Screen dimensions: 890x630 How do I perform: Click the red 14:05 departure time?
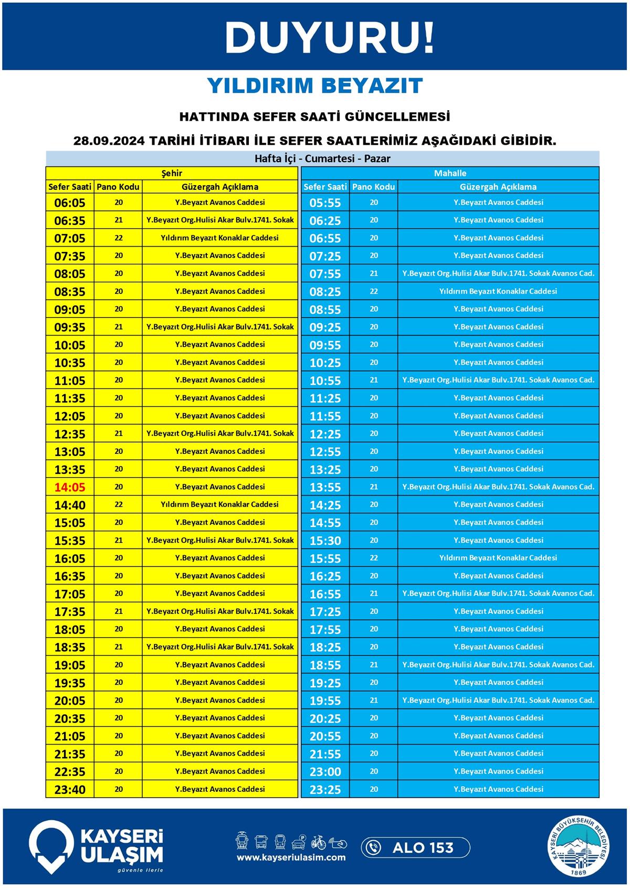tap(69, 487)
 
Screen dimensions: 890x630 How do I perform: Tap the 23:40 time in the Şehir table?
tap(69, 789)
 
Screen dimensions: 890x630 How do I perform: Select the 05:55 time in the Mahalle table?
tap(325, 203)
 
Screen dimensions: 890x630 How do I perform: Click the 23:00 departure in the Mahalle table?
tap(325, 771)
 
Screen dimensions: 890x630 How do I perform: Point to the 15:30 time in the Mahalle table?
tap(325, 541)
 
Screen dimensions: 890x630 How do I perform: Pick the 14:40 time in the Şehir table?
tap(69, 505)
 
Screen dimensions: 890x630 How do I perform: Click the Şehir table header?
tap(171, 173)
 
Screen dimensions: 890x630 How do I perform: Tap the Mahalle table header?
tap(450, 173)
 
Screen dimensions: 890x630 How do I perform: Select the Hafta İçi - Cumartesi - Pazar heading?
tap(322, 158)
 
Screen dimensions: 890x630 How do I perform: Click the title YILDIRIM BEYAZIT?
tap(315, 86)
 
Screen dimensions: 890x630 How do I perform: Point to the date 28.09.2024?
tap(109, 141)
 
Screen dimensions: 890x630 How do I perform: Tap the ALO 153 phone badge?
tap(415, 847)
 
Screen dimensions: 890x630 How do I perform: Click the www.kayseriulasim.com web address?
tap(291, 857)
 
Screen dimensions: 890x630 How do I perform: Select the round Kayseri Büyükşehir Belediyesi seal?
tap(580, 847)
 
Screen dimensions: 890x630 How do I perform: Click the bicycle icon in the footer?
tap(318, 842)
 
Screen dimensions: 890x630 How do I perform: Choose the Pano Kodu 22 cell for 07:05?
tap(119, 238)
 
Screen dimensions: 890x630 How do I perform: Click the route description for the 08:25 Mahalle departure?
tap(498, 291)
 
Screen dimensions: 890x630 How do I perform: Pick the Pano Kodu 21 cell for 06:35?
tap(119, 220)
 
